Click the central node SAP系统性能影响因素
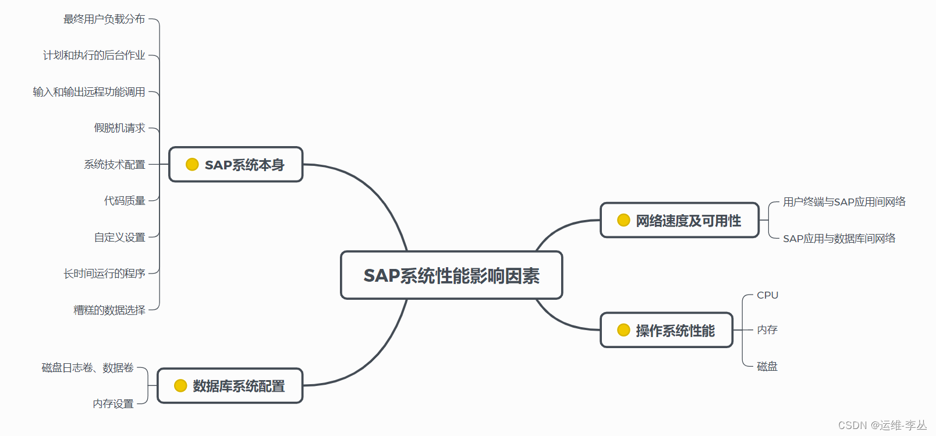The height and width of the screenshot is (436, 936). pyautogui.click(x=451, y=275)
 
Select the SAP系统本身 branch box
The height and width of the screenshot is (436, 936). pyautogui.click(x=236, y=165)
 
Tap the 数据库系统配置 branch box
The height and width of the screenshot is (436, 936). pyautogui.click(x=231, y=386)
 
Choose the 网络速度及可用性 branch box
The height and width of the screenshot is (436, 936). pyautogui.click(x=679, y=221)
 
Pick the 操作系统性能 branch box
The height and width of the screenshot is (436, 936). pyautogui.click(x=666, y=331)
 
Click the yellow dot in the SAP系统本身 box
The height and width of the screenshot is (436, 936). pyautogui.click(x=192, y=165)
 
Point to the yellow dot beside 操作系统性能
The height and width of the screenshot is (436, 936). pyautogui.click(x=623, y=331)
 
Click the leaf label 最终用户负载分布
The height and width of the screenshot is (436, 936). pyautogui.click(x=104, y=19)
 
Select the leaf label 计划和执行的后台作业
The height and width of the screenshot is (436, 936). pyautogui.click(x=94, y=55)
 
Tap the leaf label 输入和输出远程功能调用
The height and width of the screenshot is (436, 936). pyautogui.click(x=89, y=92)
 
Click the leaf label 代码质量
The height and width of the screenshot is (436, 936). pyautogui.click(x=125, y=201)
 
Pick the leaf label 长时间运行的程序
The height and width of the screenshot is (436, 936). pyautogui.click(x=104, y=274)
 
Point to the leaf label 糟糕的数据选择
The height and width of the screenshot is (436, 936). pyautogui.click(x=109, y=310)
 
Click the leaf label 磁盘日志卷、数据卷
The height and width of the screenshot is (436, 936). pyautogui.click(x=88, y=368)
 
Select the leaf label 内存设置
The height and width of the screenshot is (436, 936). pyautogui.click(x=114, y=404)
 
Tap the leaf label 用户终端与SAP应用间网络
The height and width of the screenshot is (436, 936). pyautogui.click(x=844, y=202)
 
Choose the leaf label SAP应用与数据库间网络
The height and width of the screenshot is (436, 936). pyautogui.click(x=839, y=239)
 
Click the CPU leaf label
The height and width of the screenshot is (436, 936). pyautogui.click(x=767, y=295)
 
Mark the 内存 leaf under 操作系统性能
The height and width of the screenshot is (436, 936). pyautogui.click(x=767, y=330)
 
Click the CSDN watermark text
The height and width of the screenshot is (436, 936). pyautogui.click(x=882, y=426)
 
